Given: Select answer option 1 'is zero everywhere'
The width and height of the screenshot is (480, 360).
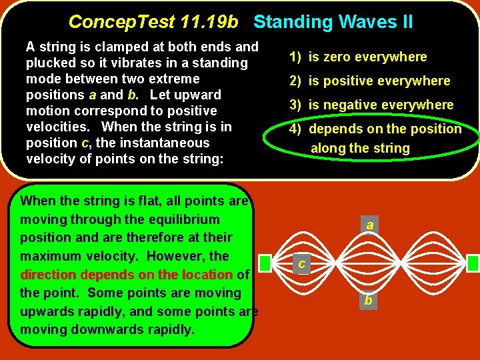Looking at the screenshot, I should click(x=358, y=57).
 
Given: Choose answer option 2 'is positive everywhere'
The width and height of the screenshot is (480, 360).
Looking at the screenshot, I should click(x=369, y=81).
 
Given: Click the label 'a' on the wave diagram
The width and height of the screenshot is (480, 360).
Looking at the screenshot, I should click(x=369, y=226).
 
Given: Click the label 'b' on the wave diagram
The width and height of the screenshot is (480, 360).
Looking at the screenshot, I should click(x=367, y=301).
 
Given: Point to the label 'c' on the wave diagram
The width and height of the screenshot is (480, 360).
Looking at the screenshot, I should click(x=301, y=265).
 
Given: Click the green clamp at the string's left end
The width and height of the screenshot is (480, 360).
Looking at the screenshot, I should click(x=264, y=263).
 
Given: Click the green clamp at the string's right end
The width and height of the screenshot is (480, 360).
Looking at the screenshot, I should click(x=473, y=263).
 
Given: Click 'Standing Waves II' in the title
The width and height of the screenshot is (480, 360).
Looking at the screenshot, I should click(x=333, y=22).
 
